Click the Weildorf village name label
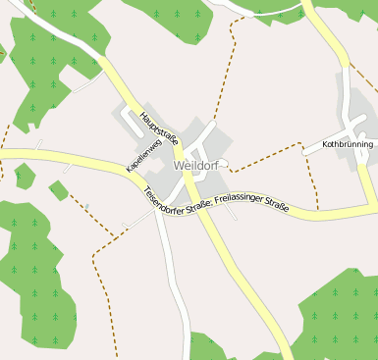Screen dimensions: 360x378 [197, 166]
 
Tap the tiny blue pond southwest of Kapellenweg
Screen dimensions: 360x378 [86, 206]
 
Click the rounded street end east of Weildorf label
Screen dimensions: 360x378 [225, 163]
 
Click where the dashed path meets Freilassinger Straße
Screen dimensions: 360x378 [317, 209]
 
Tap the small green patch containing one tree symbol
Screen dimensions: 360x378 [24, 177]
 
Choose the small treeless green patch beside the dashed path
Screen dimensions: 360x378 [58, 189]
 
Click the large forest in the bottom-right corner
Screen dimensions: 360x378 [339, 314]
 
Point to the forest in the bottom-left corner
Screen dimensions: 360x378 [34, 280]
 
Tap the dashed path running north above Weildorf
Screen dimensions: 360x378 [232, 69]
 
